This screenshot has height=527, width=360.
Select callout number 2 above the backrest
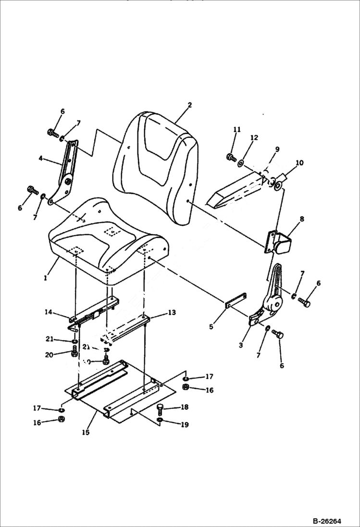pos(190,105)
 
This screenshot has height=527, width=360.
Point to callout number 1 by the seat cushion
pos(45,278)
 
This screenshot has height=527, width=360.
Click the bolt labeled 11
pos(230,157)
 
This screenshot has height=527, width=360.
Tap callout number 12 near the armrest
pos(254,138)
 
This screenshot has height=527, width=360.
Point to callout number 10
pos(299,163)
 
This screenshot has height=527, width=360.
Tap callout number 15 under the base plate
pos(85,432)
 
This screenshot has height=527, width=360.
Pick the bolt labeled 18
pos(160,409)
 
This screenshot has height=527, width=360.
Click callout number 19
pos(184,424)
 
